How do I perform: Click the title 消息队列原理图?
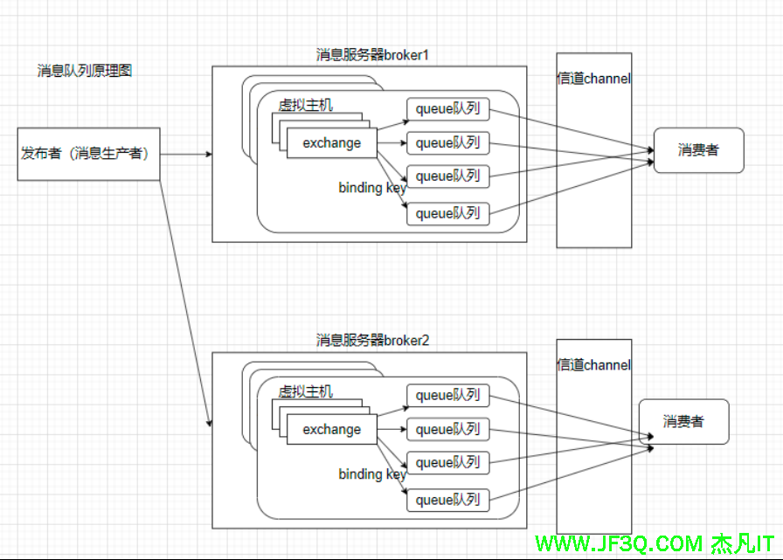[85, 71]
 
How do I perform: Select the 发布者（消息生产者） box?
[88, 154]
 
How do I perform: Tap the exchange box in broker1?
[331, 143]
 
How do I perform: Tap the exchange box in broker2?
[331, 430]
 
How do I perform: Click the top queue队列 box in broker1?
[447, 109]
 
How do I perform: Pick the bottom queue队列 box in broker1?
[447, 213]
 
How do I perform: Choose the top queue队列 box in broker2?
[447, 396]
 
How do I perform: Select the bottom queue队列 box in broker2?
[447, 500]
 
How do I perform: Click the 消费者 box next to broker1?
[698, 150]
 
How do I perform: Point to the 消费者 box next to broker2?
[683, 422]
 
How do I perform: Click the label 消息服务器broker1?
[372, 55]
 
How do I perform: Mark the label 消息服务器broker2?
[372, 340]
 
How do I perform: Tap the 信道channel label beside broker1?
[594, 79]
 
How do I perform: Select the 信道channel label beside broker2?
[594, 365]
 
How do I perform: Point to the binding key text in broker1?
[372, 188]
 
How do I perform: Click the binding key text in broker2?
[372, 474]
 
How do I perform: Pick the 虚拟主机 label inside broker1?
[306, 105]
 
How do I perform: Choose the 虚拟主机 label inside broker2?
[306, 391]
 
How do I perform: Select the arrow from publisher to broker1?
[186, 155]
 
